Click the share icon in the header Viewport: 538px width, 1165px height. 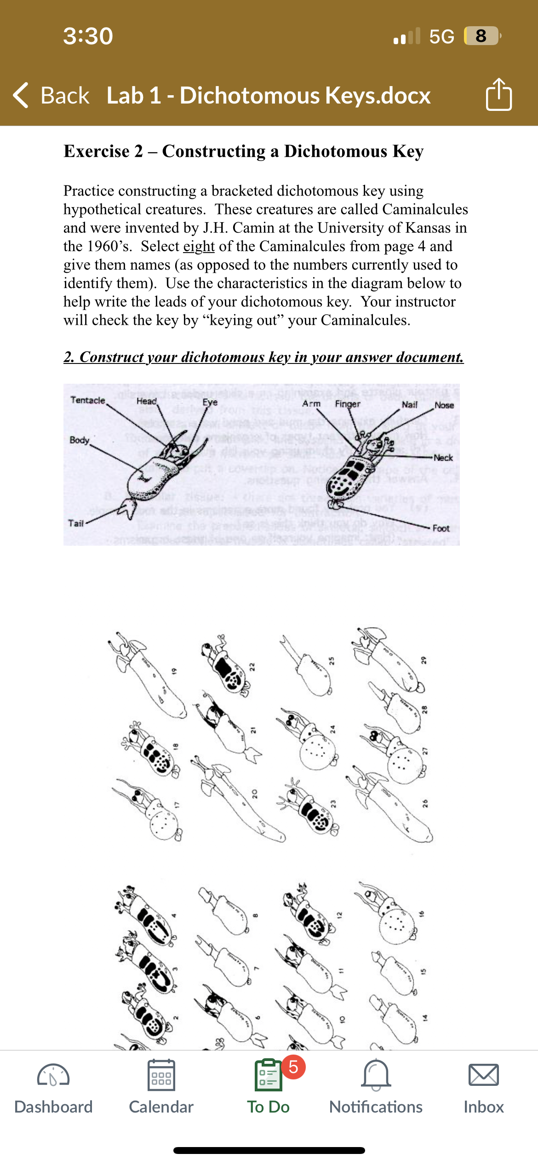(498, 95)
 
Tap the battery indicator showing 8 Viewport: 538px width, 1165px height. (481, 36)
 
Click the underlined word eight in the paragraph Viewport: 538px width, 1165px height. (199, 247)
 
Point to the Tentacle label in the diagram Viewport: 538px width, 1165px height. (87, 400)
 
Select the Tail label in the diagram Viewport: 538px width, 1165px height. (76, 523)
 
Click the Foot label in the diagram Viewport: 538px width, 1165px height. (441, 528)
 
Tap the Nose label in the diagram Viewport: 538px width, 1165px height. (444, 405)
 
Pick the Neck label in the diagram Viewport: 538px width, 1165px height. (443, 458)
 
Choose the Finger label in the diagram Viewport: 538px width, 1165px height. (347, 404)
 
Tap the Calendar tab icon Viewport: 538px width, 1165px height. (161, 1075)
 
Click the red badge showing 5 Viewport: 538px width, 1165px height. (293, 1067)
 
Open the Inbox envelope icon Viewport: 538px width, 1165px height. (483, 1075)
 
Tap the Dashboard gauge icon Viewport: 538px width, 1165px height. (53, 1075)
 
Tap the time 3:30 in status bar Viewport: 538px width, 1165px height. (88, 36)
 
